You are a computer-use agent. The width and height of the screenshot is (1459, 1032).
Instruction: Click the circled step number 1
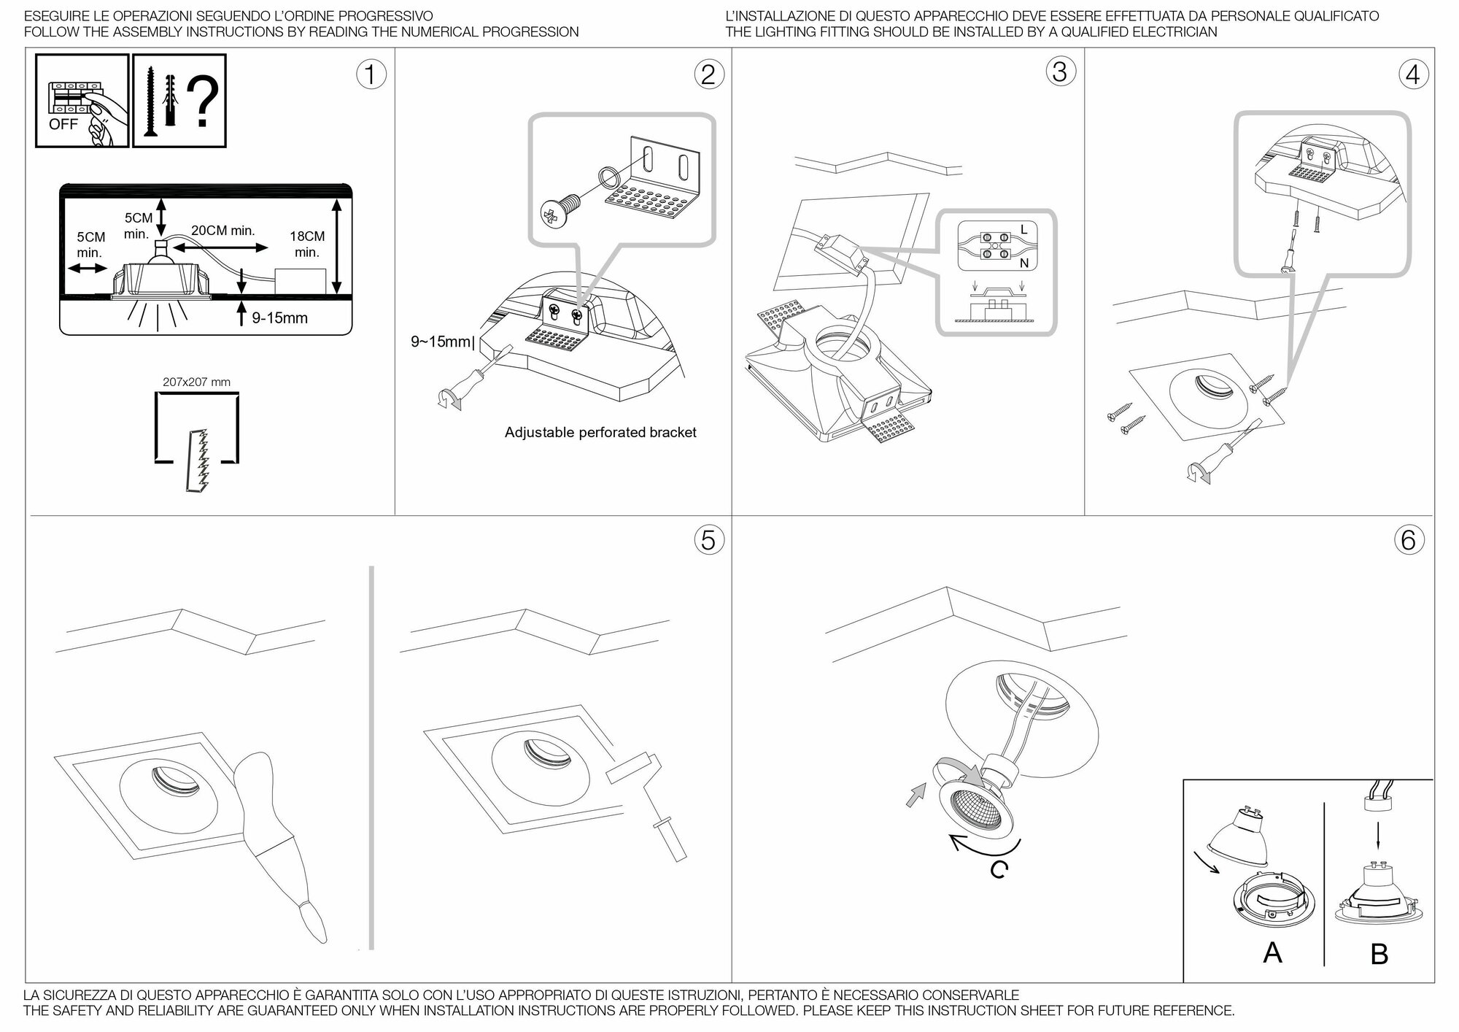[x=371, y=75]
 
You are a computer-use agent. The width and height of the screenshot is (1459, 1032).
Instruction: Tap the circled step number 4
[x=1412, y=75]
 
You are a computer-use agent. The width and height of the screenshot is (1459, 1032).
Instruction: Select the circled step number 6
[x=1408, y=540]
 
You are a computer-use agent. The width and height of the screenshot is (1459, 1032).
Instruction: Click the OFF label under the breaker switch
[x=63, y=124]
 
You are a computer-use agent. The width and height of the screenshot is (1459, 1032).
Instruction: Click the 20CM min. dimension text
[x=222, y=231]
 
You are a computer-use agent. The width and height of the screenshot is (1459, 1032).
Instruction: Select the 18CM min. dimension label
[x=307, y=244]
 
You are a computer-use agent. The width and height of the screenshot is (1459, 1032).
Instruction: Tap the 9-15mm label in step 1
[x=280, y=318]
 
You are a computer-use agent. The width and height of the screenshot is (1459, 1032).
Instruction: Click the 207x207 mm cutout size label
[x=196, y=382]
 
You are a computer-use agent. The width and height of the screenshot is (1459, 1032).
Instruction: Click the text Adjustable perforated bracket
[x=600, y=432]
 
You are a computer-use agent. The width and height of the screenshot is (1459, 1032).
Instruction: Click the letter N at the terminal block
[x=1023, y=263]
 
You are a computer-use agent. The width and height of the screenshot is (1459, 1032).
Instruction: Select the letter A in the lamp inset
[x=1272, y=952]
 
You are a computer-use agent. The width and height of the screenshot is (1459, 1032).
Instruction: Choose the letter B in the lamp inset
[x=1379, y=953]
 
